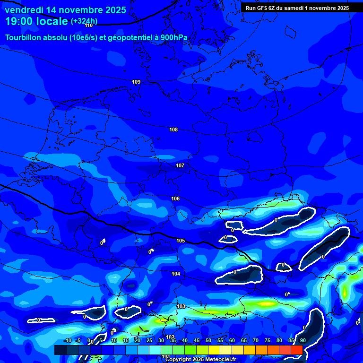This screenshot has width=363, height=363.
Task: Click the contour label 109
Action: (136, 82)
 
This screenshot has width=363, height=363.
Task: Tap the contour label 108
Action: (173, 130)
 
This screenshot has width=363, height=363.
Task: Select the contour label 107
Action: (180, 165)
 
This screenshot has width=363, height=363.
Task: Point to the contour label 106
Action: (175, 199)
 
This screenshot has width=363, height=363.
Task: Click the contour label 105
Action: (181, 241)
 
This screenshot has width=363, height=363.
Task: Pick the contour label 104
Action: (176, 274)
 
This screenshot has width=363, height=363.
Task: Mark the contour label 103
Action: (181, 306)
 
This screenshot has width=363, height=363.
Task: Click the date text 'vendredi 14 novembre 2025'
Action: (65, 10)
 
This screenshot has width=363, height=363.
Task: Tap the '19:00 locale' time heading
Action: (36, 21)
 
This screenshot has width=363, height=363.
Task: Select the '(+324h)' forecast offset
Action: (84, 21)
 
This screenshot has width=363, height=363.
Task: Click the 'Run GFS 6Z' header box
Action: (297, 8)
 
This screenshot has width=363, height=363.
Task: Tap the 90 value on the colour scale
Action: (302, 341)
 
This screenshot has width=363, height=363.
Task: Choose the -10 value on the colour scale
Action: (67, 341)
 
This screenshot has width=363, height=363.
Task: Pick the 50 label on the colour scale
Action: (208, 341)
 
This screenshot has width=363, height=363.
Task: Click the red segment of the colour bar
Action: (296, 350)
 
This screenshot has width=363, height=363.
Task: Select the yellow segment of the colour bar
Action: (214, 350)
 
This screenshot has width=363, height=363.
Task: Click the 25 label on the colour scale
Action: (149, 341)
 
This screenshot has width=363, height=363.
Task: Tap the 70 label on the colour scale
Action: (256, 341)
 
